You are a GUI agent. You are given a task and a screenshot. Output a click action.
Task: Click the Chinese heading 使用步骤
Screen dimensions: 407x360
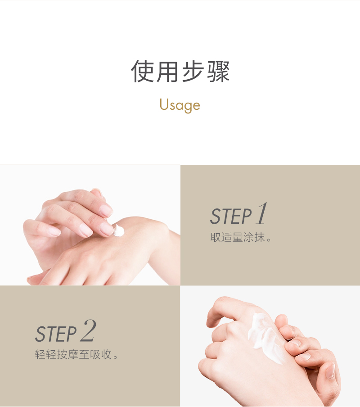180,71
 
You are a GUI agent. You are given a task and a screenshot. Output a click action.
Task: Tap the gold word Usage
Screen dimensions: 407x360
180,105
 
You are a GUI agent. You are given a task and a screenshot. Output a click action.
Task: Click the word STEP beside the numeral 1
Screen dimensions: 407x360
230,217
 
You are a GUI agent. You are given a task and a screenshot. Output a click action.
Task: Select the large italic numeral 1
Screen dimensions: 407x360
261,213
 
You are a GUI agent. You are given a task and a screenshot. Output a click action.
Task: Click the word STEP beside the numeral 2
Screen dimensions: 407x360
56,334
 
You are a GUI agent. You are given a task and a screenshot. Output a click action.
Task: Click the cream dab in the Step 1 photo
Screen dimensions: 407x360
119,231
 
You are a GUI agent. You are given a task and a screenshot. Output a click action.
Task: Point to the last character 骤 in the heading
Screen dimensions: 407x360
218,71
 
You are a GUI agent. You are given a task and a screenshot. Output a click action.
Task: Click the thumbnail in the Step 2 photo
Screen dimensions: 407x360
330,371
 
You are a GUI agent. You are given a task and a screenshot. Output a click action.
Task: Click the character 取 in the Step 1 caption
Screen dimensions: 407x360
215,237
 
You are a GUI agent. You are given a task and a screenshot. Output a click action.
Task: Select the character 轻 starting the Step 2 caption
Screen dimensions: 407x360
40,354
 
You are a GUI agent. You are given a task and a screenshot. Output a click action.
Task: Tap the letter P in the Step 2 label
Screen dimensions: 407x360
71,335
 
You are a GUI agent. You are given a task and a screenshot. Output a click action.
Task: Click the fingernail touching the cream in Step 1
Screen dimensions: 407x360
107,229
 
